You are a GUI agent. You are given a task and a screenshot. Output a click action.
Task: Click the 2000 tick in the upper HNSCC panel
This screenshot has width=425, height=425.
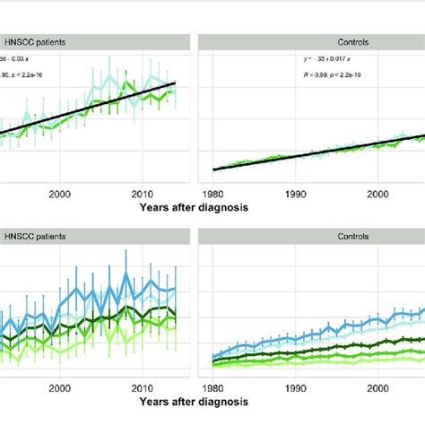point(61,192)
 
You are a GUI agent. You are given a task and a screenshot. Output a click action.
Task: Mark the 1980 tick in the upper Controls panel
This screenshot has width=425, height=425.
point(213,192)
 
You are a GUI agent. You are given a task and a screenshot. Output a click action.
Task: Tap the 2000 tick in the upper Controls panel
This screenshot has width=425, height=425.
point(377,192)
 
